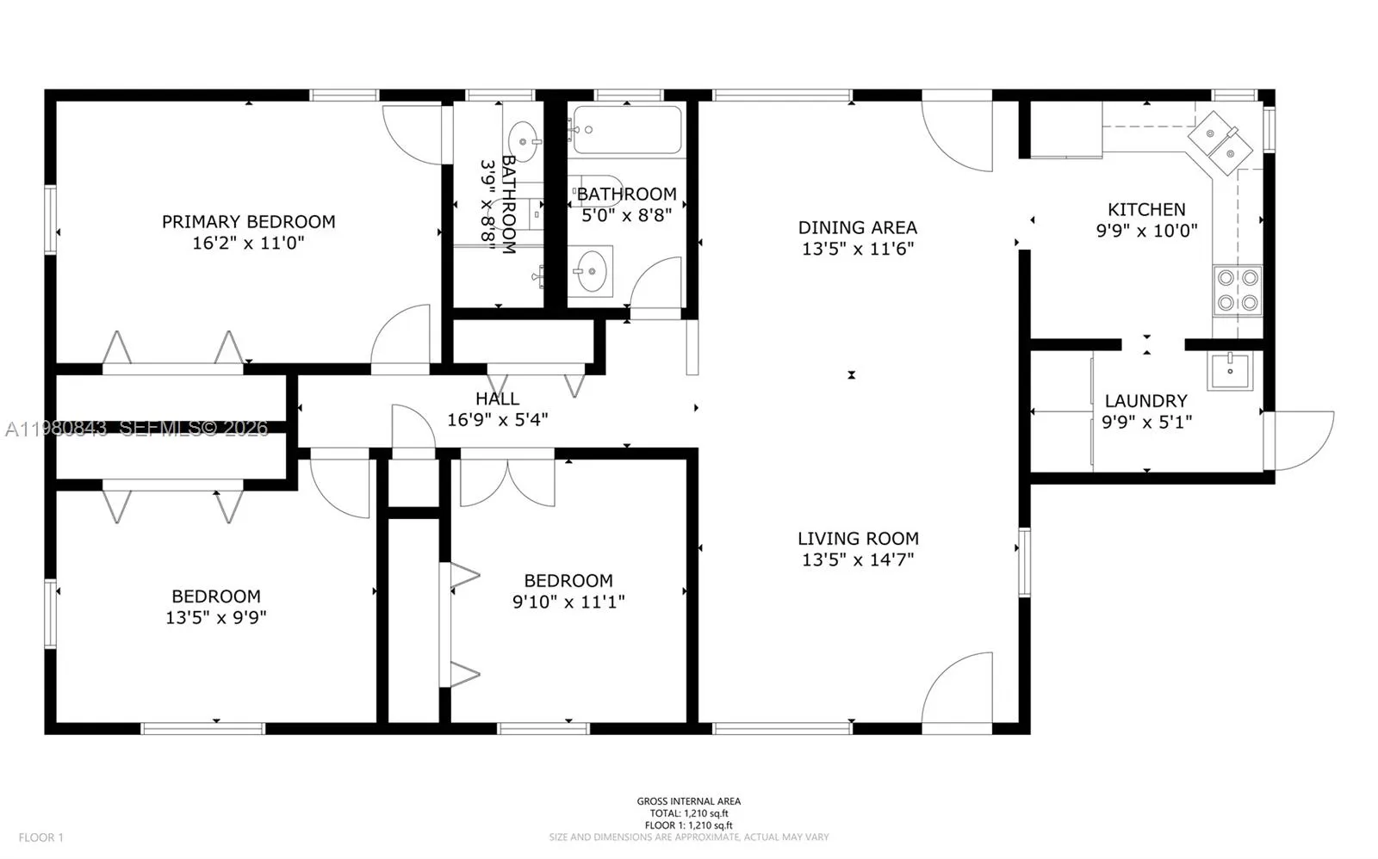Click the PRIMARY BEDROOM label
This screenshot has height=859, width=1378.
(x=248, y=221)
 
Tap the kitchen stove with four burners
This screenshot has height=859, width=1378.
(x=1237, y=290)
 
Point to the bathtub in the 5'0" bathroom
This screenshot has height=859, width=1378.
(x=628, y=130)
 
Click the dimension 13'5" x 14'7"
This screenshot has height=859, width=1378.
(x=857, y=559)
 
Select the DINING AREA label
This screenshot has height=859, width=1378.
(x=857, y=227)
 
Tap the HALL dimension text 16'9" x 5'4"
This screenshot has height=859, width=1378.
(x=497, y=420)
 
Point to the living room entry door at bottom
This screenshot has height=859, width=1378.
(x=958, y=689)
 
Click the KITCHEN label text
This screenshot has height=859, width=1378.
(x=1145, y=209)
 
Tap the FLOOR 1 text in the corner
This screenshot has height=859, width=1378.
(x=41, y=837)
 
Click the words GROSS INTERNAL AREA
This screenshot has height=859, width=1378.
(x=688, y=801)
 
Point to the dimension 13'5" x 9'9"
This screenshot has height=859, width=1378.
(x=215, y=617)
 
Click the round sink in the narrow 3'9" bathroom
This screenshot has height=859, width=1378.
(x=523, y=137)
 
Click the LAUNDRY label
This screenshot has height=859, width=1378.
(x=1145, y=400)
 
